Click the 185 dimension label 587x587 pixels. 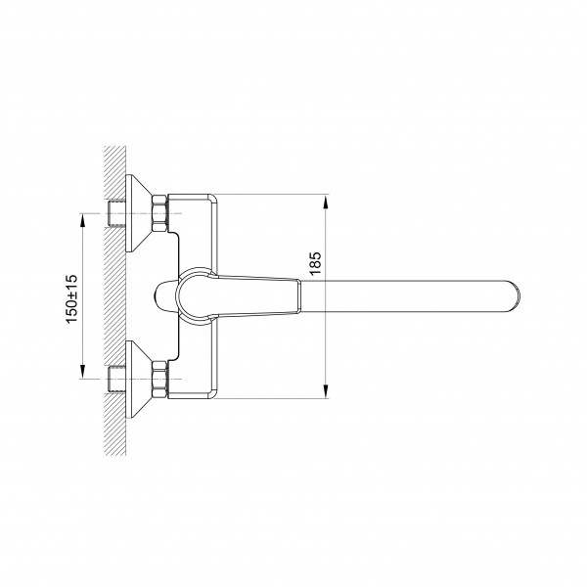[x=316, y=263]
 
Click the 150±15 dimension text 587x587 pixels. [x=71, y=298]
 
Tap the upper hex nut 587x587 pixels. [x=159, y=213]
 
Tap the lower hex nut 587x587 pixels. [x=159, y=379]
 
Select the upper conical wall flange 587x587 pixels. [x=139, y=213]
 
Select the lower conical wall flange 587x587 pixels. [x=139, y=379]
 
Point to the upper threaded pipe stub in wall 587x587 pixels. [x=116, y=213]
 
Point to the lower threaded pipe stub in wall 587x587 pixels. [x=116, y=379]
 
